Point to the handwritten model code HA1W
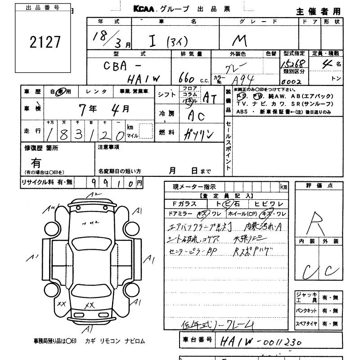click(x=144, y=79)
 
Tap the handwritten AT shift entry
click(x=211, y=97)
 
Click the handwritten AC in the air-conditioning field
click(x=197, y=116)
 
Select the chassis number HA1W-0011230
click(x=259, y=342)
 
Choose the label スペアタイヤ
click(x=306, y=324)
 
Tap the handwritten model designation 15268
click(x=293, y=63)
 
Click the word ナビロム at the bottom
click(x=135, y=341)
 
